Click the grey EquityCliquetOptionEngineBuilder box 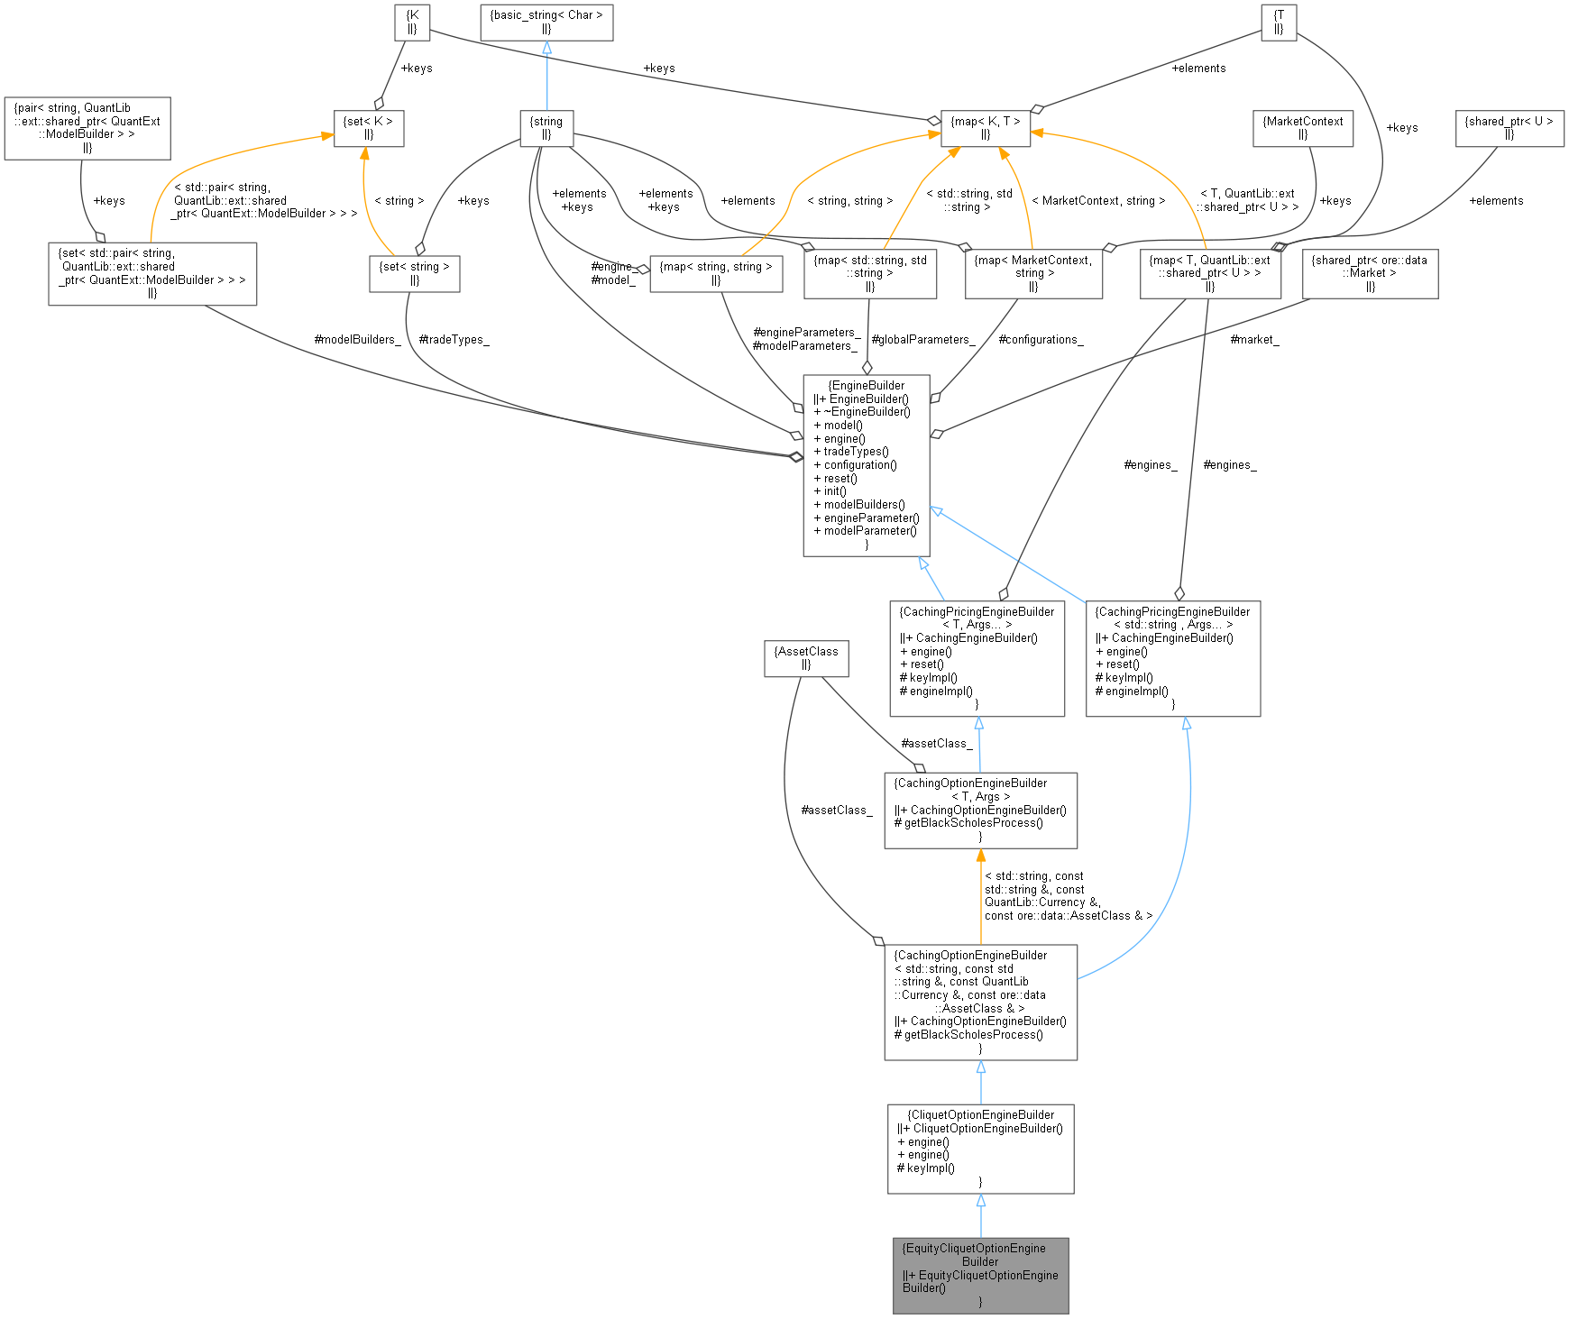980,1275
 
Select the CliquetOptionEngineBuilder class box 980,1148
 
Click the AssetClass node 806,658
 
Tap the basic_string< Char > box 546,23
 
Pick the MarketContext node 1302,128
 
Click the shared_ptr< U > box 1509,128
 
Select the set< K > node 368,128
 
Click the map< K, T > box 985,128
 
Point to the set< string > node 414,273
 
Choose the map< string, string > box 715,273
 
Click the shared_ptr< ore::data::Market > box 1369,273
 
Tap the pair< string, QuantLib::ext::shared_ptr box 87,128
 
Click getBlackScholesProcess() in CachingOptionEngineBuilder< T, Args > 973,823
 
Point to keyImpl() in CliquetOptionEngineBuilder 930,1168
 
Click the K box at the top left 412,23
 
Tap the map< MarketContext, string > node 1032,273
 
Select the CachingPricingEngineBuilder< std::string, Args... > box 1172,658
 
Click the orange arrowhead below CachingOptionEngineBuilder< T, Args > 980,856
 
